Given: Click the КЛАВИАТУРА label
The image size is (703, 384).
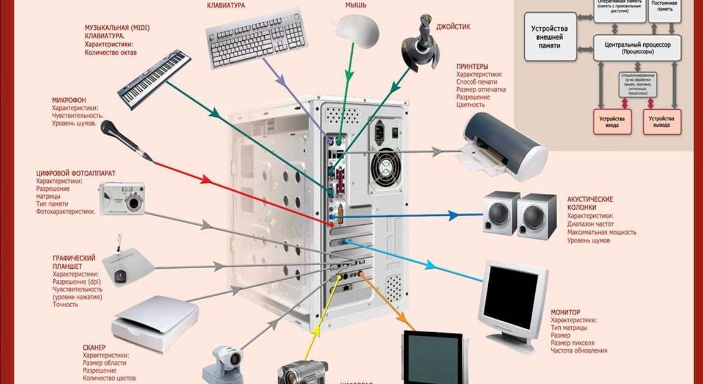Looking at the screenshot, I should [226, 5].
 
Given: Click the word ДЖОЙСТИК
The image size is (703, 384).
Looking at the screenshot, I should [453, 27].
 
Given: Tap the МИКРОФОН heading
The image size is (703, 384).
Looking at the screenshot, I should [69, 100].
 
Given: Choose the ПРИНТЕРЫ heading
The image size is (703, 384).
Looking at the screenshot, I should [472, 66].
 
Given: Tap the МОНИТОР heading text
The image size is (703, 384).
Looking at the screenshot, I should [566, 312].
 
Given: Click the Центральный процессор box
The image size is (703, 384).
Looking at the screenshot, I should [637, 48].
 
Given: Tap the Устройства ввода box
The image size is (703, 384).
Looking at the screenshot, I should [611, 121].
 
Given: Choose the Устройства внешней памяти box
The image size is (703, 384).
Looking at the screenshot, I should [550, 37].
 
